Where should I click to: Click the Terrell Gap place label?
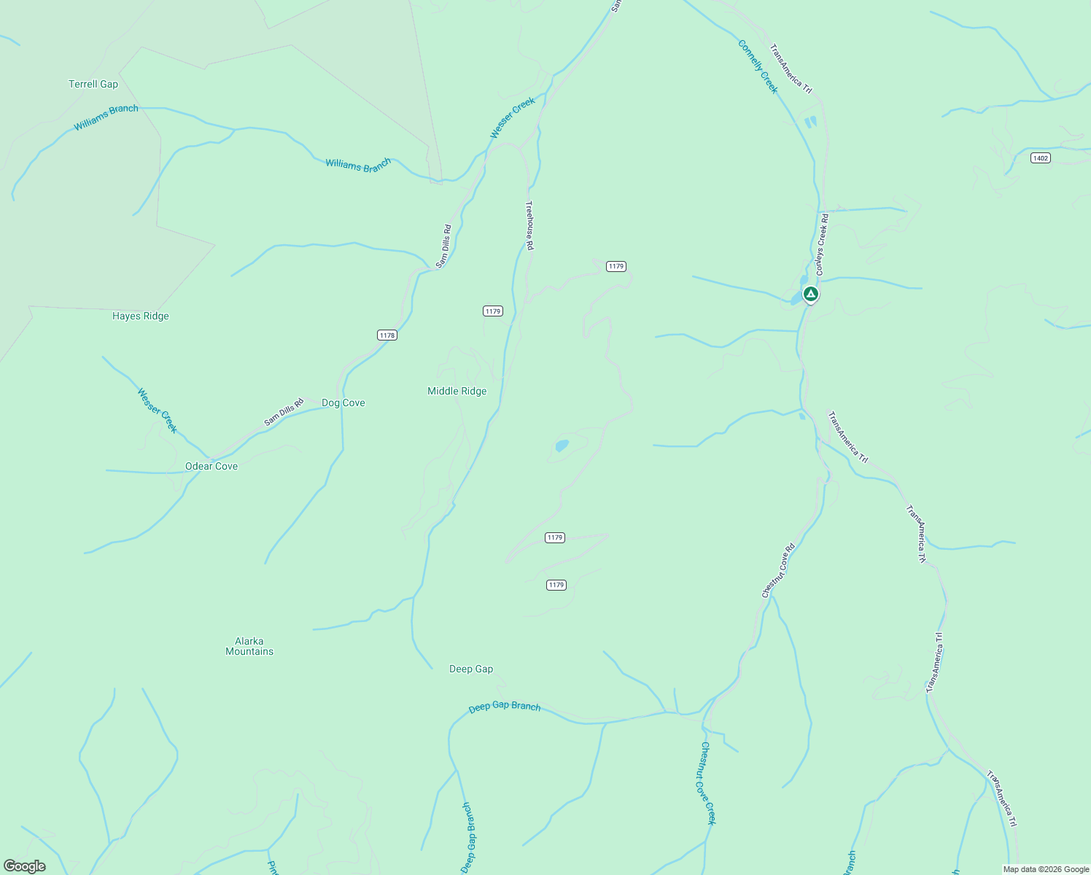[93, 84]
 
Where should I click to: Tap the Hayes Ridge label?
[141, 316]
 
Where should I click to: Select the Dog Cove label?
[343, 402]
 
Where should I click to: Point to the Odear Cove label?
[211, 466]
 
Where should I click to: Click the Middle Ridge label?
[457, 391]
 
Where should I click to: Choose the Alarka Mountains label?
[249, 647]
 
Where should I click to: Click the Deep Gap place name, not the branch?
[471, 669]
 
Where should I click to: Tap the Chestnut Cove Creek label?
[707, 783]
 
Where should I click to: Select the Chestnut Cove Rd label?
[778, 571]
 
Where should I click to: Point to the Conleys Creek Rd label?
[822, 244]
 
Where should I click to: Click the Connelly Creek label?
[758, 67]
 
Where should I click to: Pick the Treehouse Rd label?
[530, 226]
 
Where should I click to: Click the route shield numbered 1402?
[1041, 158]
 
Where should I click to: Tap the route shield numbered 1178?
[387, 335]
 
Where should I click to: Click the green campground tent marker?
[810, 294]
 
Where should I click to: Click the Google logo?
[24, 866]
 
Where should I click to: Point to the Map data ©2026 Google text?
[1045, 869]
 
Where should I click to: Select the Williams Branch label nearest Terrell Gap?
[106, 118]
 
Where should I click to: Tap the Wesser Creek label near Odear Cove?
[158, 411]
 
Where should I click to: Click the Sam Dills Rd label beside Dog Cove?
[284, 412]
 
